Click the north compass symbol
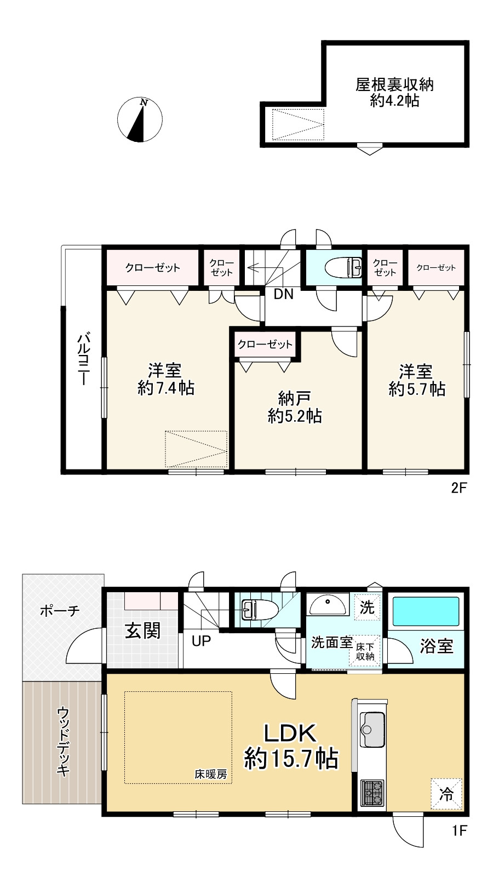[140, 119]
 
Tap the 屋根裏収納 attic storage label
[395, 85]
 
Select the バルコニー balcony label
[84, 359]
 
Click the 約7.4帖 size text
[166, 388]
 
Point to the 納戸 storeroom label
[295, 398]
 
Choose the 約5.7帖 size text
[417, 389]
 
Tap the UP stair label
[202, 641]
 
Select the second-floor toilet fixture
[343, 268]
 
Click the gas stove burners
[372, 793]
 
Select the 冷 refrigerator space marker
[446, 794]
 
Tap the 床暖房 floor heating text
[210, 774]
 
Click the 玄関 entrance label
[142, 631]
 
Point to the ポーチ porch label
[60, 611]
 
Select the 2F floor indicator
[460, 488]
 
